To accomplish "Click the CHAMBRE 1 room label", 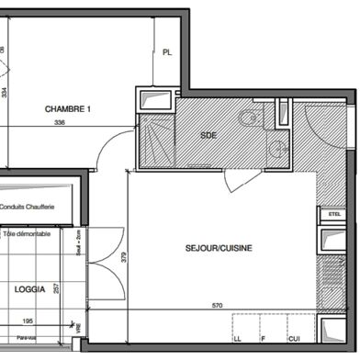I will pyautogui.click(x=68, y=109).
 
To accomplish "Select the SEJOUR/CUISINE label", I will pyautogui.click(x=219, y=248).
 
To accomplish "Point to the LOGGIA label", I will pyautogui.click(x=30, y=288).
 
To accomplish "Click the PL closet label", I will pyautogui.click(x=166, y=53).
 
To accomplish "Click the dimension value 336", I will pyautogui.click(x=61, y=122).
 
